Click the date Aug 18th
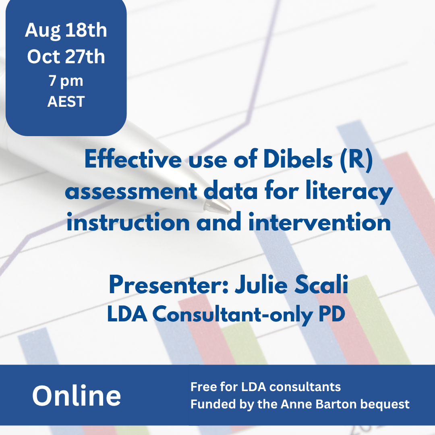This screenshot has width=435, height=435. click(x=66, y=31)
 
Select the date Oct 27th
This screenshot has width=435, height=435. click(x=66, y=57)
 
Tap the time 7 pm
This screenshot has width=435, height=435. click(x=66, y=81)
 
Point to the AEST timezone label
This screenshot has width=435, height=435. click(x=66, y=101)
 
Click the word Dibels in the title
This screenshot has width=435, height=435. click(x=298, y=159)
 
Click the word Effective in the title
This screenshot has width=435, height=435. click(x=133, y=159)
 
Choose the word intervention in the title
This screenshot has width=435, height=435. click(x=319, y=222)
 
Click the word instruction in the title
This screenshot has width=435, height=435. click(x=128, y=222)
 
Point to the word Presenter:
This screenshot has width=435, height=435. click(x=169, y=284)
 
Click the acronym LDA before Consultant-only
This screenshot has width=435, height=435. click(x=127, y=314)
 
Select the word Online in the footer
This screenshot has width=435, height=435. click(x=77, y=396)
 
